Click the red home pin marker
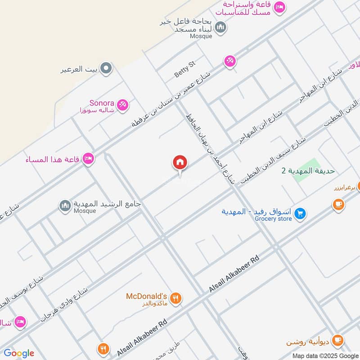(x=180, y=163)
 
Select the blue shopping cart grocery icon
(x=301, y=213)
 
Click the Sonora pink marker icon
(x=122, y=106)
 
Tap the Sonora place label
(x=102, y=103)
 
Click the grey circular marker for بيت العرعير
(x=106, y=68)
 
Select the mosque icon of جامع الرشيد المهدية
(x=66, y=206)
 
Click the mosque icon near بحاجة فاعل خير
(x=220, y=28)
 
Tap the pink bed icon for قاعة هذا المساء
(x=88, y=158)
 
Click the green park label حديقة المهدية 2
(x=308, y=171)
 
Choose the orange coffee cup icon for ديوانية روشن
(x=338, y=340)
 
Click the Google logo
(x=19, y=353)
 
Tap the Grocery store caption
(x=273, y=219)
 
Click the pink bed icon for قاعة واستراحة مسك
(x=279, y=8)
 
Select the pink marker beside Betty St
(x=230, y=61)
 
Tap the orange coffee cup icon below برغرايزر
(x=338, y=205)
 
